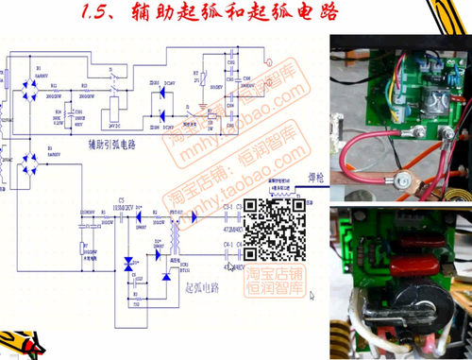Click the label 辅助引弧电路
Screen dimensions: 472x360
[x=111, y=145]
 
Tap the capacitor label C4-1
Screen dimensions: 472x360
[x=229, y=246]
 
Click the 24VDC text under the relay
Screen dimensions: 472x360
[x=115, y=124]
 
